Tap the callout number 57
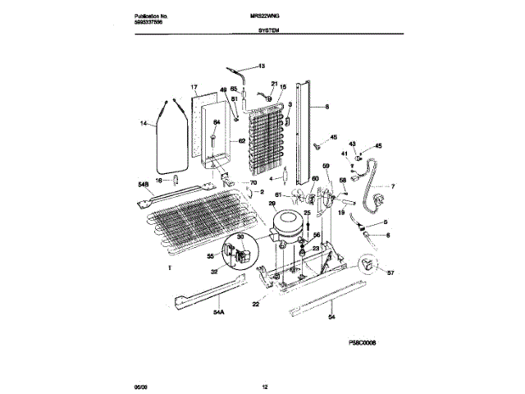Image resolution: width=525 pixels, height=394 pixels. click(x=390, y=273)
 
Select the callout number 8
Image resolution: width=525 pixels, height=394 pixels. click(x=326, y=107)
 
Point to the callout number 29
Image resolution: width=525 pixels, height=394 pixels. click(x=272, y=203)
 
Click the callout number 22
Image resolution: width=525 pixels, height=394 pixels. click(x=255, y=305)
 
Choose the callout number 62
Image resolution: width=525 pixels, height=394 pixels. click(x=242, y=141)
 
